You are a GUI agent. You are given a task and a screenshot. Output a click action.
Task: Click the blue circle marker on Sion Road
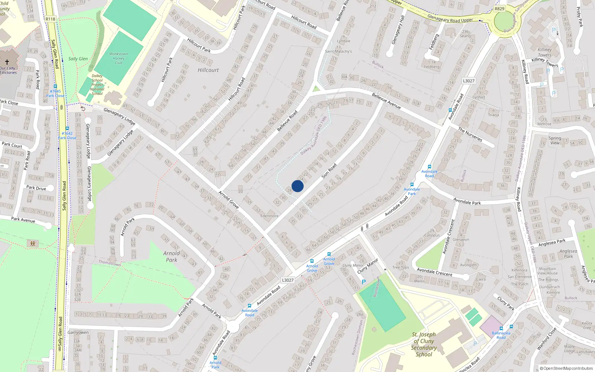(297, 186)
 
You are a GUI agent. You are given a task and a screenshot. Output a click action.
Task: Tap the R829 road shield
(499, 9)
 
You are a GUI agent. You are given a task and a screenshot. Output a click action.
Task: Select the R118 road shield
(50, 19)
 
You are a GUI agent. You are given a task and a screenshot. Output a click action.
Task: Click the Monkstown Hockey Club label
(119, 58)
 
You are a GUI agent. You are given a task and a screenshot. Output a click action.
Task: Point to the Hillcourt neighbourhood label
(208, 70)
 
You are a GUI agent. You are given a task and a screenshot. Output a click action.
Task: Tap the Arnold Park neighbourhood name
(171, 257)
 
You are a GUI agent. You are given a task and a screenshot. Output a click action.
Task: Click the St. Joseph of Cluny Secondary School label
(424, 344)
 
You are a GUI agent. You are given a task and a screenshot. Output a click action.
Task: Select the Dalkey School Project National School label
(97, 85)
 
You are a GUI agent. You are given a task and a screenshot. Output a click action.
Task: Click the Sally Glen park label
(78, 59)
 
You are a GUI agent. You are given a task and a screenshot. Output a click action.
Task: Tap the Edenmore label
(269, 216)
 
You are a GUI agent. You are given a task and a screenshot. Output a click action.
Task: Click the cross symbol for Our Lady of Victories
(7, 62)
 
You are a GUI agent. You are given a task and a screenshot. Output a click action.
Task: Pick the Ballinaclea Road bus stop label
(501, 335)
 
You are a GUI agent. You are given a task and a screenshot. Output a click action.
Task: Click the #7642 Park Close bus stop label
(67, 135)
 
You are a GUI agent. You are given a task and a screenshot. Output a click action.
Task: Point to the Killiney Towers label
(544, 52)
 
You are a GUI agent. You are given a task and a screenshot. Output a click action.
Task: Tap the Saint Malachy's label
(338, 51)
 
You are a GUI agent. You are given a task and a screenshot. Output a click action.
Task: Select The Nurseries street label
(470, 135)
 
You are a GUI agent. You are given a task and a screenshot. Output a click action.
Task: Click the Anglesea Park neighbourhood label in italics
(568, 254)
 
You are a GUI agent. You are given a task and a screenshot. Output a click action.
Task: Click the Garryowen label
(78, 333)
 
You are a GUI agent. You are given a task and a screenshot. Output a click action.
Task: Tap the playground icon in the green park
(33, 244)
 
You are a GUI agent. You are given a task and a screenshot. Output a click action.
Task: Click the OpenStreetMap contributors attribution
(566, 368)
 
